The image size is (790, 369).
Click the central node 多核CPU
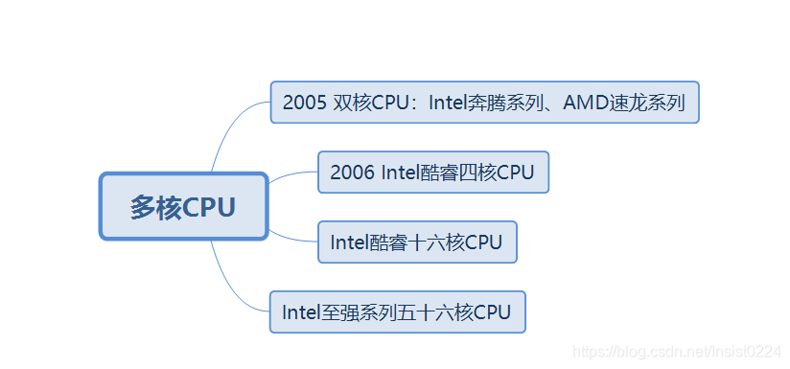183,207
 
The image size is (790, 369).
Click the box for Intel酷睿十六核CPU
417,242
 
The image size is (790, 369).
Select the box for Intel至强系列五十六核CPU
397,312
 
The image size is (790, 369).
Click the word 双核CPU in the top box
376,103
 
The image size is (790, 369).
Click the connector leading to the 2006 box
292,174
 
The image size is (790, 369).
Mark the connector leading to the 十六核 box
292,237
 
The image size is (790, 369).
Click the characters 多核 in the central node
155,207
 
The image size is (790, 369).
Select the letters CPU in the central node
209,207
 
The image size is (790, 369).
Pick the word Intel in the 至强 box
303,312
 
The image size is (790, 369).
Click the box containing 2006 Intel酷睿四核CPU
432,173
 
